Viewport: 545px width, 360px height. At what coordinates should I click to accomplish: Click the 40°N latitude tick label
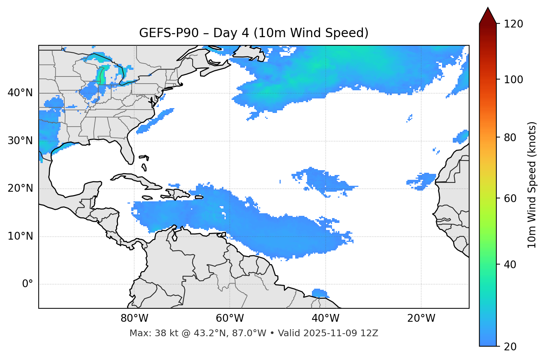point(20,93)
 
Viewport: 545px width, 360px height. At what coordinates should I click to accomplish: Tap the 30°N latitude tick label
point(20,141)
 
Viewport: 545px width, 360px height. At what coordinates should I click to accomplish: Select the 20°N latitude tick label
point(20,188)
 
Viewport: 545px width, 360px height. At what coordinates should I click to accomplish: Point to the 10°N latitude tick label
point(20,236)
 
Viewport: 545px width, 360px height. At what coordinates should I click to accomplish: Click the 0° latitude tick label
point(28,284)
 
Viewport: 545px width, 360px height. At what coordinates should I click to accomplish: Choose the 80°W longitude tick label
point(134,318)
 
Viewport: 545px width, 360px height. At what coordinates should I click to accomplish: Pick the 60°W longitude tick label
point(230,318)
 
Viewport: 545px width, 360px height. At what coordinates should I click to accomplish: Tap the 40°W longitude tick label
point(325,318)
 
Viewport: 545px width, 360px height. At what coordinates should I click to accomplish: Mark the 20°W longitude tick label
point(421,318)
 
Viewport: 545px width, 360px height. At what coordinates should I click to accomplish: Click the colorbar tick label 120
point(513,24)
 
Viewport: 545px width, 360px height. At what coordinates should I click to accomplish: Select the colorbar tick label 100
point(513,80)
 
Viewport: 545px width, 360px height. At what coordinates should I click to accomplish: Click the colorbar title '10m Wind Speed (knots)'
point(532,185)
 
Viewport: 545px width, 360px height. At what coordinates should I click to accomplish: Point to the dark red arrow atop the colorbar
point(488,16)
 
